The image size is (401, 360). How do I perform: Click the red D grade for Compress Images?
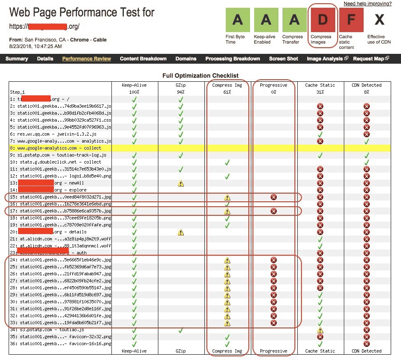(x=323, y=19)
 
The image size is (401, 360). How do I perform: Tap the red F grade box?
(x=351, y=19)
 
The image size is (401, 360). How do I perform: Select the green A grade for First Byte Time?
(x=238, y=19)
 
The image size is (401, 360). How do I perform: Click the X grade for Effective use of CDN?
(x=379, y=19)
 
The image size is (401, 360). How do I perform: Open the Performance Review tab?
(x=86, y=59)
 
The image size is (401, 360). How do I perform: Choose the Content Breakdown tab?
(x=143, y=59)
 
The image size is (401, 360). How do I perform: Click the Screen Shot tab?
(x=283, y=59)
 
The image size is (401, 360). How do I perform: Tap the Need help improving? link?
(x=367, y=4)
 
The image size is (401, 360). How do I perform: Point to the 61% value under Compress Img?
(x=227, y=92)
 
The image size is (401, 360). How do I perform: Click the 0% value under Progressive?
(x=274, y=92)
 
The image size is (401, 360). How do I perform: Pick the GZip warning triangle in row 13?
(x=181, y=183)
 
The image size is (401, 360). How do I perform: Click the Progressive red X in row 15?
(x=274, y=197)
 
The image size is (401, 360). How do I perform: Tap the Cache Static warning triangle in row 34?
(x=320, y=330)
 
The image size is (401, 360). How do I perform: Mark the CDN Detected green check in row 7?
(x=366, y=141)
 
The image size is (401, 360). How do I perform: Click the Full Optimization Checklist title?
(x=200, y=76)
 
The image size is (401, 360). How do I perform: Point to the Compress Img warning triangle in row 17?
(x=227, y=211)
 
